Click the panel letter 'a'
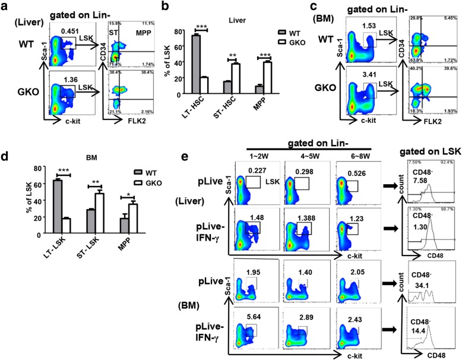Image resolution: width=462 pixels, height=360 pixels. coord(6,8)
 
